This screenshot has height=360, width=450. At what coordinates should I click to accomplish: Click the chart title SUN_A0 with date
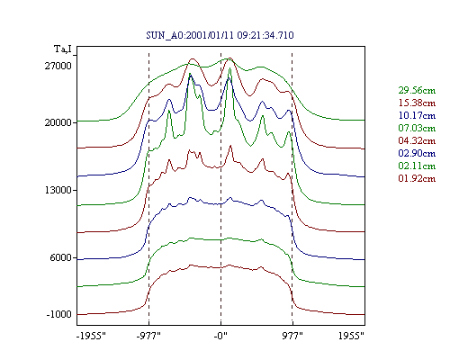point(220,35)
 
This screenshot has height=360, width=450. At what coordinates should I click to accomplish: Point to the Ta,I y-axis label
point(63,49)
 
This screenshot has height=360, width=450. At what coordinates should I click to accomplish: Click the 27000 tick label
point(58,66)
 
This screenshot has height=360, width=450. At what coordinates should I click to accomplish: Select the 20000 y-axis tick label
point(58,122)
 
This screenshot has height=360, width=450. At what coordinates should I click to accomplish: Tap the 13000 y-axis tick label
point(58,190)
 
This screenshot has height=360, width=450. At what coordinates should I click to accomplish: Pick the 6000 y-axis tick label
point(61,257)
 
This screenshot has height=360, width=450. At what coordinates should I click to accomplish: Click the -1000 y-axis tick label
point(59,314)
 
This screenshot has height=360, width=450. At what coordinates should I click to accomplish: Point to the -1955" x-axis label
point(92,336)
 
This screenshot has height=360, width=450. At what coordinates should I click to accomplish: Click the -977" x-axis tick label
point(148,336)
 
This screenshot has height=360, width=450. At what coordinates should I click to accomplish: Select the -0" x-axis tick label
point(220,336)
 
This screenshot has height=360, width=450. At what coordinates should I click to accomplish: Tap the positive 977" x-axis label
point(292,336)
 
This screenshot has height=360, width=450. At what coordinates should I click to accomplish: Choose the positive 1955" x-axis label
point(351,336)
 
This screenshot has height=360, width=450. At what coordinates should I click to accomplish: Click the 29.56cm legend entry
point(417,90)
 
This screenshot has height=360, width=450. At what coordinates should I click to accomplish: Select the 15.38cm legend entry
point(417,103)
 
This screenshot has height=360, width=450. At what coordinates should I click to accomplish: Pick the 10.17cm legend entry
point(417,115)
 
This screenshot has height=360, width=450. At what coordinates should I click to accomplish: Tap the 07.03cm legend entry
point(417,128)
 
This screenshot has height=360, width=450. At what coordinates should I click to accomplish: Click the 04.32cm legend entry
point(417,140)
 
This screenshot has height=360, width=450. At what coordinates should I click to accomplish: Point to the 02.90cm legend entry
point(417,153)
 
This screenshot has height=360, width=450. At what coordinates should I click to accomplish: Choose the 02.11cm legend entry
point(417,166)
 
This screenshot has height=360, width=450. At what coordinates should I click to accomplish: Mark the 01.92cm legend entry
point(417,178)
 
